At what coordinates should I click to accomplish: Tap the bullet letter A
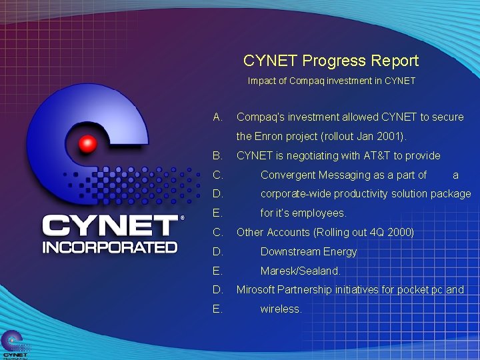click(217, 117)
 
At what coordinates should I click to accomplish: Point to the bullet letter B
click(217, 156)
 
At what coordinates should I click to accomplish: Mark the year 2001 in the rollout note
click(389, 137)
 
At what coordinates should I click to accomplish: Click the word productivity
click(366, 194)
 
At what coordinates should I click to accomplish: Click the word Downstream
click(290, 252)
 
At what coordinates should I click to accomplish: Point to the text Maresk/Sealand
click(300, 271)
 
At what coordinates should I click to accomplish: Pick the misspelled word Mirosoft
click(257, 290)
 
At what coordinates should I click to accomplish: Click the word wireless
click(281, 309)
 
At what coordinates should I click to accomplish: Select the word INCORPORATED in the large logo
click(109, 247)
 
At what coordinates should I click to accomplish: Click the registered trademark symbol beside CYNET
click(182, 218)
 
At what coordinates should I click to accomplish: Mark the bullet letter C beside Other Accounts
click(217, 233)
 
